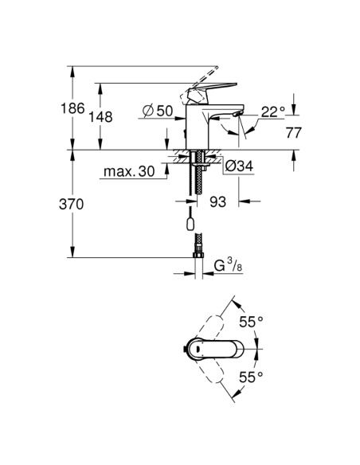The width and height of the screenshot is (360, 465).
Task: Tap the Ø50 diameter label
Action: [158, 111]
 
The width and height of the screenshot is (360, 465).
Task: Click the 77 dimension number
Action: [294, 132]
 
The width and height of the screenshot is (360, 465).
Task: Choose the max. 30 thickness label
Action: [129, 171]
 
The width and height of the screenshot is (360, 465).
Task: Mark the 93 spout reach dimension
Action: [218, 202]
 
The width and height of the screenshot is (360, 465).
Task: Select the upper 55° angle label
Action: [252, 322]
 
